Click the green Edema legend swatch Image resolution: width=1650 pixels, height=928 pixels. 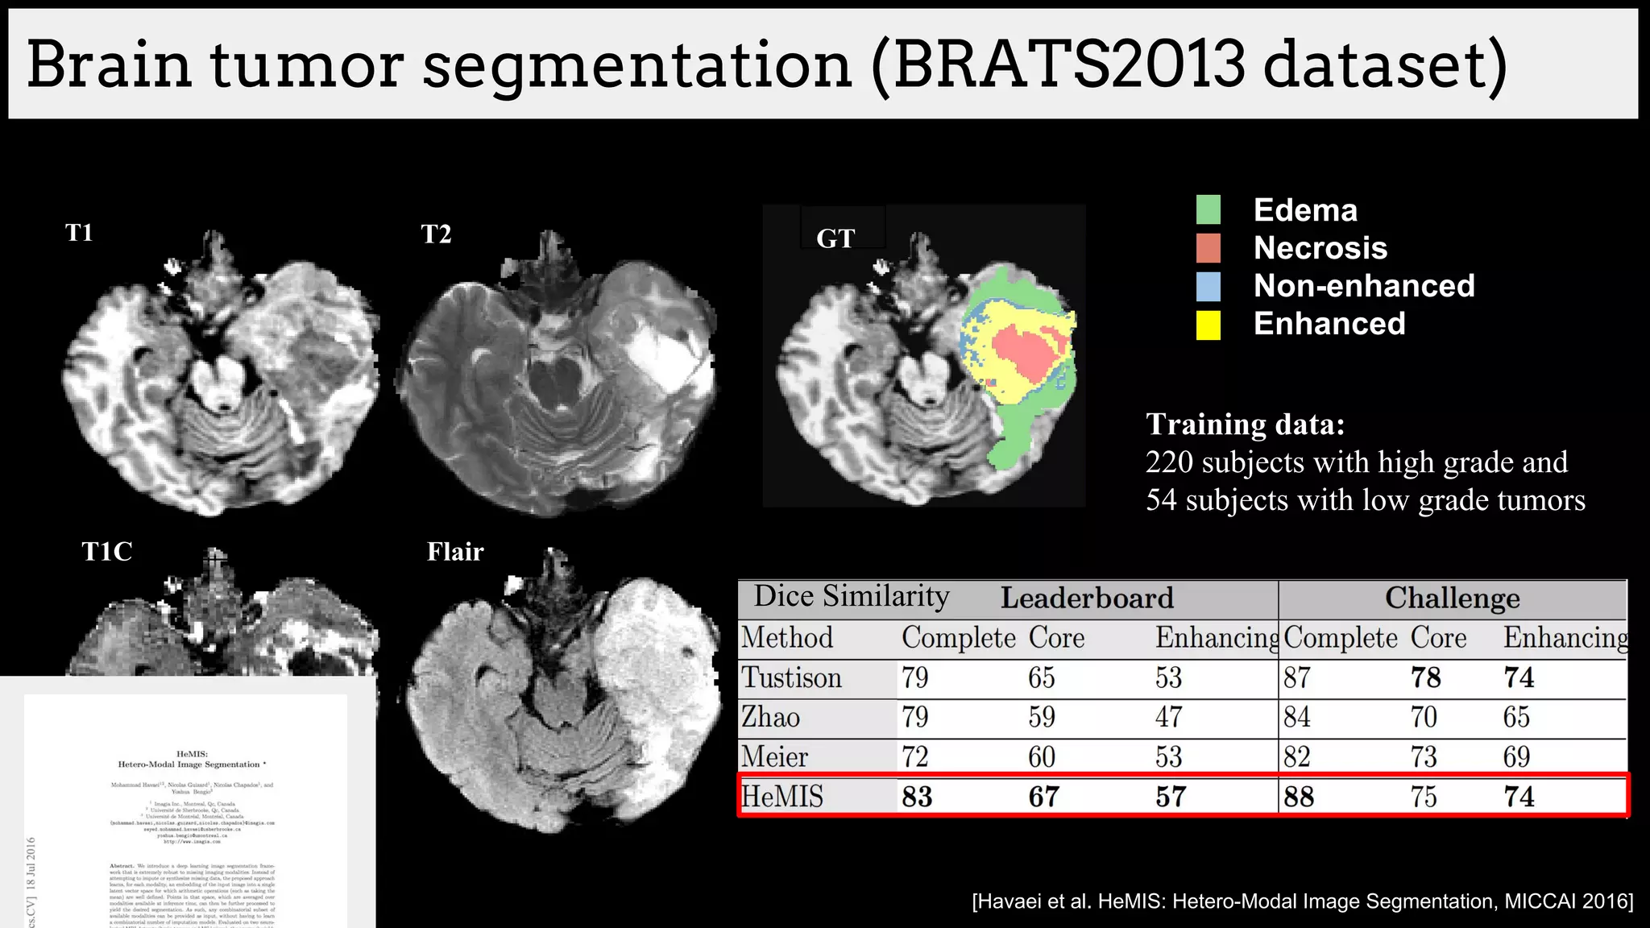pos(1208,209)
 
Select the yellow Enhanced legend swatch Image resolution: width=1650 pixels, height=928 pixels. pos(1208,325)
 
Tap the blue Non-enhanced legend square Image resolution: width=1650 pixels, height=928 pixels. pos(1208,287)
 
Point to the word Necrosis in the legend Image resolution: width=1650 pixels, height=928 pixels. pos(1320,248)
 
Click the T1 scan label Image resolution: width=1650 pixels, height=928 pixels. pos(79,233)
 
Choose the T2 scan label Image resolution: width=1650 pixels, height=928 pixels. pos(436,234)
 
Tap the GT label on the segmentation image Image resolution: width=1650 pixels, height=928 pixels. pos(835,238)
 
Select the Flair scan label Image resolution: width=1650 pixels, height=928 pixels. pos(455,552)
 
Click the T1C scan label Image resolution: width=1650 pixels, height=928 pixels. pos(106,552)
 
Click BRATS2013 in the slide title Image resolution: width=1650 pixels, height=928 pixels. pos(1068,64)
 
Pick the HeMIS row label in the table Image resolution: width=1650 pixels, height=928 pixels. pos(781,797)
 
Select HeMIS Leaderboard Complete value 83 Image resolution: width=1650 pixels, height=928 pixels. pos(917,797)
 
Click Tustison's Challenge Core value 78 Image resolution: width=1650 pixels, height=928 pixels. pos(1425,677)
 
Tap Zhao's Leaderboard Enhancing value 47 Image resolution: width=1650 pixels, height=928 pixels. pos(1168,717)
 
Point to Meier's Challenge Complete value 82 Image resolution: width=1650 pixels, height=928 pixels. pos(1297,757)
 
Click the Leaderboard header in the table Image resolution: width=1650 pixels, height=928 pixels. pos(1086,599)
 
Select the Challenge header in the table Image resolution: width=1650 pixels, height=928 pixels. pos(1452,599)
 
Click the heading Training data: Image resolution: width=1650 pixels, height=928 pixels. pos(1245,425)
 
